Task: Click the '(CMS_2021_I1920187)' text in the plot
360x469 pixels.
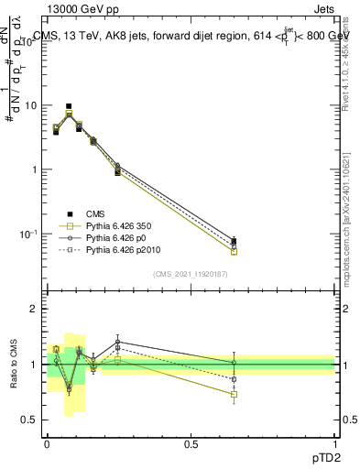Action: tap(191, 274)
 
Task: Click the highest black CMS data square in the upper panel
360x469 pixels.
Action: tap(69, 106)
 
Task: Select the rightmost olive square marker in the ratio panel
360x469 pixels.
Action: tap(234, 394)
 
